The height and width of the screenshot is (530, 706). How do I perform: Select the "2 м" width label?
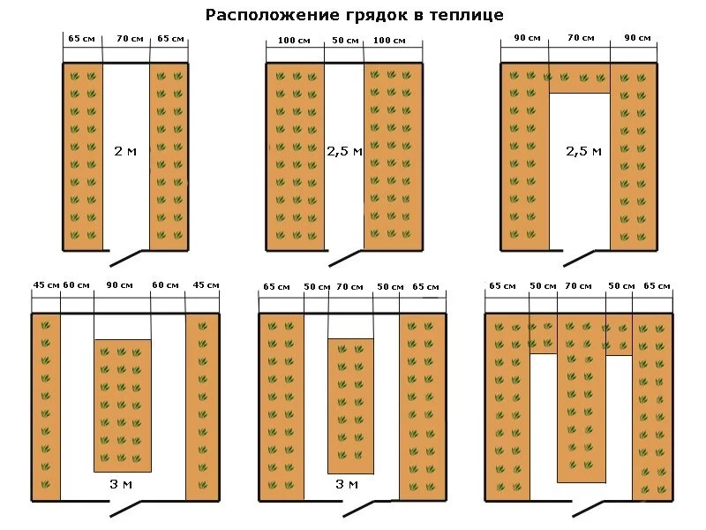click(x=125, y=150)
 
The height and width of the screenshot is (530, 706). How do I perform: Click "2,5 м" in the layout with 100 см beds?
click(x=344, y=151)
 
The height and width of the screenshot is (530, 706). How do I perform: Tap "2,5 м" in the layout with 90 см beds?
click(x=583, y=151)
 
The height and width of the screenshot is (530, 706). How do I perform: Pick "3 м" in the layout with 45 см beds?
click(x=122, y=485)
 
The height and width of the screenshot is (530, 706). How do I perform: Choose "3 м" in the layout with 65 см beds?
click(x=346, y=485)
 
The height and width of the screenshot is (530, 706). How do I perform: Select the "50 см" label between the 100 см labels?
click(x=344, y=41)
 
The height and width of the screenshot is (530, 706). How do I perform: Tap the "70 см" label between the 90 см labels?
click(x=579, y=39)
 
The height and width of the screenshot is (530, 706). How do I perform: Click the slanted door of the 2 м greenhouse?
click(x=126, y=256)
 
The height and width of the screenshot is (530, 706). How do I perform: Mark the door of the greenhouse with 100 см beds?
click(x=343, y=256)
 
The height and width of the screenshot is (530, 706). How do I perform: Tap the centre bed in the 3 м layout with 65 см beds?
click(x=350, y=405)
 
